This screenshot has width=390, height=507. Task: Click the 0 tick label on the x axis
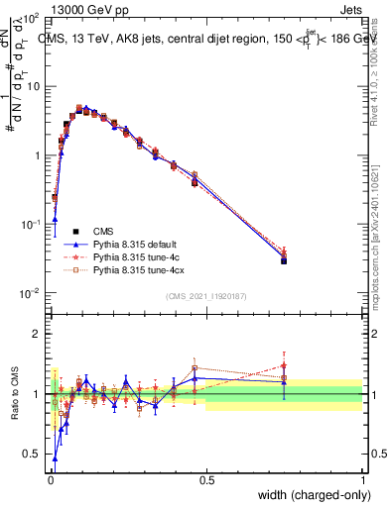(49, 480)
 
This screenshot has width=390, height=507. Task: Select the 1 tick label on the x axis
(363, 480)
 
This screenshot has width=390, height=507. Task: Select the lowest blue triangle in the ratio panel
(55, 458)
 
